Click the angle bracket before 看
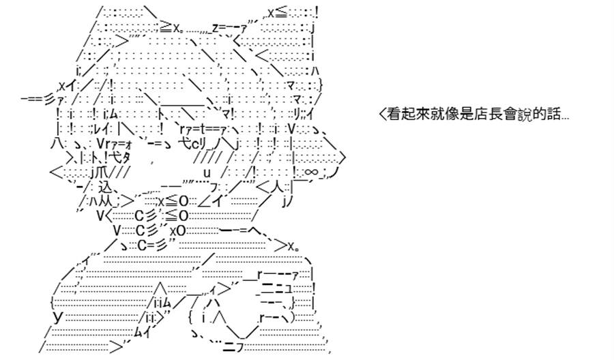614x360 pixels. (383, 115)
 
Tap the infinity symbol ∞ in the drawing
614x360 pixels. (310, 172)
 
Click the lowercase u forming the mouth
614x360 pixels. (207, 172)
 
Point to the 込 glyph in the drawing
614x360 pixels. (105, 186)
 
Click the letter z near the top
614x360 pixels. (216, 27)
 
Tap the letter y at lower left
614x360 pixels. (58, 316)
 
